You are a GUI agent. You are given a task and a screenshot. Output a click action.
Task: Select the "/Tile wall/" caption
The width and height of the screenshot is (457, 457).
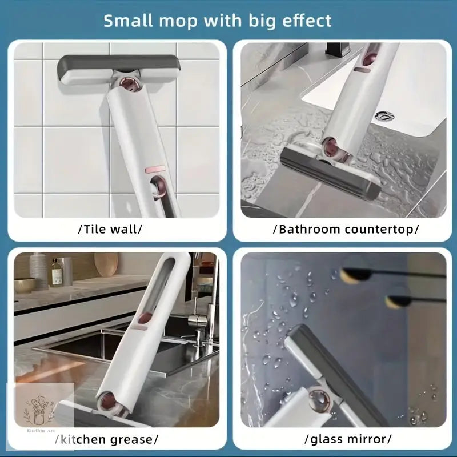pos(110,229)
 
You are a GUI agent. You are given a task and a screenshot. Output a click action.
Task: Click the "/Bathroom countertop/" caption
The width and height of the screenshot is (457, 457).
pos(346,230)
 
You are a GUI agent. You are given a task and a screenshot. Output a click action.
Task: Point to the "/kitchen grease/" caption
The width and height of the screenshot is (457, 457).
pos(107,439)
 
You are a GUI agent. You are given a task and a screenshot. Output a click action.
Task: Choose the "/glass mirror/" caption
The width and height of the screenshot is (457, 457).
pos(348,439)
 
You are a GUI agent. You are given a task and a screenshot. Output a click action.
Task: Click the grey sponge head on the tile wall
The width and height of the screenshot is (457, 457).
pos(119,69)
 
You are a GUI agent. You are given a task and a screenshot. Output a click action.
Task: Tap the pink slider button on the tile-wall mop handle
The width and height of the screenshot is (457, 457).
pos(155,170)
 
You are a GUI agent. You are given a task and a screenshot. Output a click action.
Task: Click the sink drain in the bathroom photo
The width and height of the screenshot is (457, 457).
pos(384,117)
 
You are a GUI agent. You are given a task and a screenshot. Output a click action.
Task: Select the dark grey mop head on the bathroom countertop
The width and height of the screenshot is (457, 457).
pos(330,173)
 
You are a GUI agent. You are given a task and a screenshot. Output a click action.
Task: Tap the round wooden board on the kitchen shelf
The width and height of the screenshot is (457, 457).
pos(106,264)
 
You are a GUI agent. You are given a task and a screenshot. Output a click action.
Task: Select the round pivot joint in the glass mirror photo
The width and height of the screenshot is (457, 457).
pos(319,400)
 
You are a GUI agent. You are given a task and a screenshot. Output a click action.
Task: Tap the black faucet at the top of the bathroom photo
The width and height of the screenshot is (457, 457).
pos(338,50)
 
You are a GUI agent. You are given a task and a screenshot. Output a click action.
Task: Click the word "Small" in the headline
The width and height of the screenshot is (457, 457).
pos(128,21)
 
